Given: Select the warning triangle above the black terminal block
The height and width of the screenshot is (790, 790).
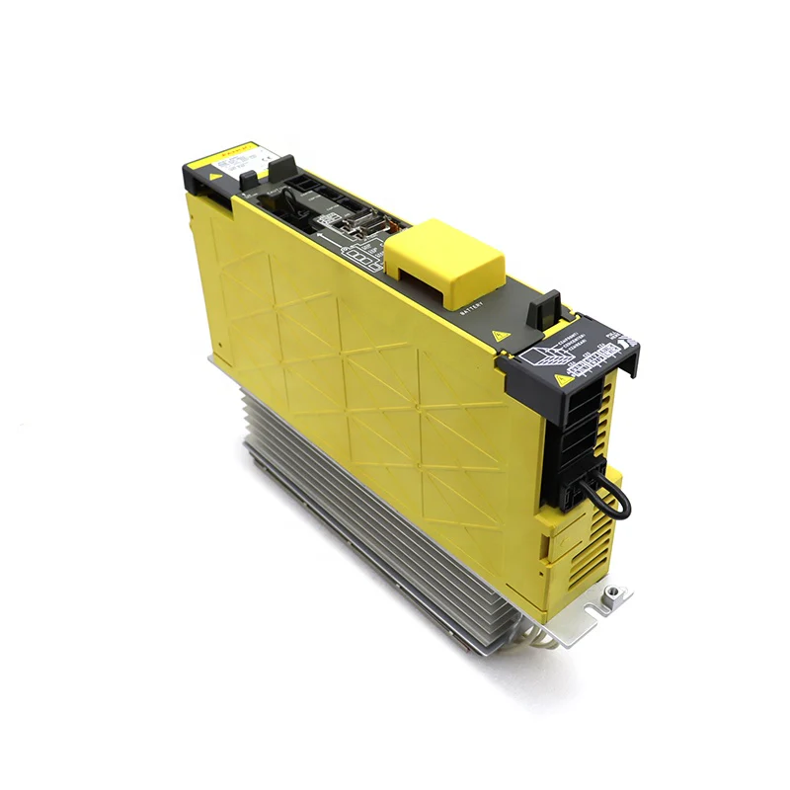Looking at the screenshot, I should click(x=564, y=378).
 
